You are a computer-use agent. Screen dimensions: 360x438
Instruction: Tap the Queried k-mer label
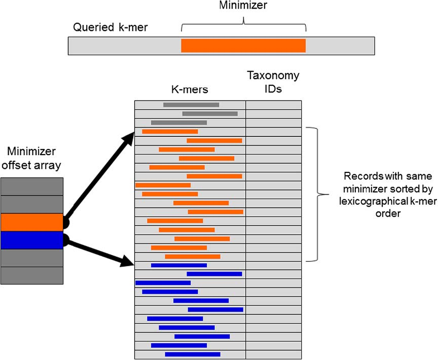[x=111, y=27]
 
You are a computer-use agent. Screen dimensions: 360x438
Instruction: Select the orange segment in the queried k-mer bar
[x=243, y=45]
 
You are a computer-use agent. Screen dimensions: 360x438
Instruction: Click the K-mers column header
[x=189, y=89]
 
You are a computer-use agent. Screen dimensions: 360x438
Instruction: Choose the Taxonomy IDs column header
[x=273, y=83]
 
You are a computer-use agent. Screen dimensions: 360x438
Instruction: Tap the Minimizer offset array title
[x=32, y=159]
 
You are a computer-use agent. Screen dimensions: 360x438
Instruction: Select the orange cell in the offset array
[x=32, y=222]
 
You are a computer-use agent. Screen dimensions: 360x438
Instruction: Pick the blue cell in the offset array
[x=32, y=240]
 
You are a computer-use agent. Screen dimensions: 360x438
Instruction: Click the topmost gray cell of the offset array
[x=32, y=186]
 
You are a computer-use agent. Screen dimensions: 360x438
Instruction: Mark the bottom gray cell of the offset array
[x=32, y=275]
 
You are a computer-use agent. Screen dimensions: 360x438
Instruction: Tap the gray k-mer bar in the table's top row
[x=191, y=105]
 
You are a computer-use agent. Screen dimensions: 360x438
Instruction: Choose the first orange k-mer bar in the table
[x=170, y=132]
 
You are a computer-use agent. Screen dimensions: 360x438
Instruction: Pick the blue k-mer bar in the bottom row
[x=193, y=354]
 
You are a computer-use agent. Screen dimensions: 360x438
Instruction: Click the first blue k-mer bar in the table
[x=178, y=265]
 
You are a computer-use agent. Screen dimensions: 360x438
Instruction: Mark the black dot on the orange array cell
[x=65, y=222]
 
